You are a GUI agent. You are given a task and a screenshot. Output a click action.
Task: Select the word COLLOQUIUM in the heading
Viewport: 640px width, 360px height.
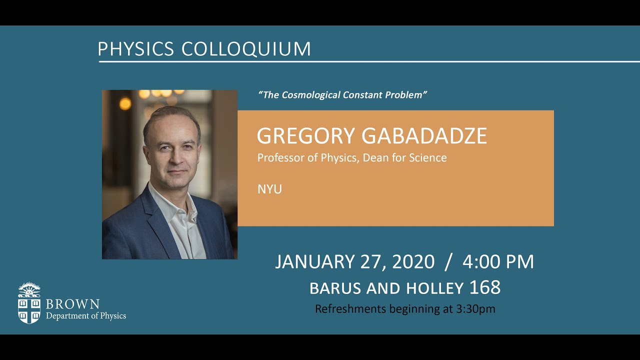click(x=246, y=49)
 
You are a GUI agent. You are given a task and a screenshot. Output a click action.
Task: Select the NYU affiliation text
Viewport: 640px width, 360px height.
click(x=269, y=189)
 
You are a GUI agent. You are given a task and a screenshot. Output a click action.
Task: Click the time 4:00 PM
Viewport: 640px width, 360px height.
click(x=498, y=262)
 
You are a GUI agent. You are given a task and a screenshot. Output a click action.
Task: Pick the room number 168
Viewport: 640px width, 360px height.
click(x=485, y=287)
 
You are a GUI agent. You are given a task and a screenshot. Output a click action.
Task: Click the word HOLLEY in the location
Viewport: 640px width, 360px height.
click(x=434, y=288)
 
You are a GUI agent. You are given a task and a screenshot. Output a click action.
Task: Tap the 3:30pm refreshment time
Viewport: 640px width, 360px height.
click(x=475, y=309)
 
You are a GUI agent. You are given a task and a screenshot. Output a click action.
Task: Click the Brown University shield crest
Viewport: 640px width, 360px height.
click(x=29, y=303)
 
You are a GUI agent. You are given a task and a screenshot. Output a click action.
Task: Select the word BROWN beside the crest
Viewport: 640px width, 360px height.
click(x=72, y=304)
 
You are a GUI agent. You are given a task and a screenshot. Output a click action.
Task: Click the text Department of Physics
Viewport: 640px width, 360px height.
click(x=86, y=316)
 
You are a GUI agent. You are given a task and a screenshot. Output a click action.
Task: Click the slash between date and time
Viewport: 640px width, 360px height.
click(x=448, y=262)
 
